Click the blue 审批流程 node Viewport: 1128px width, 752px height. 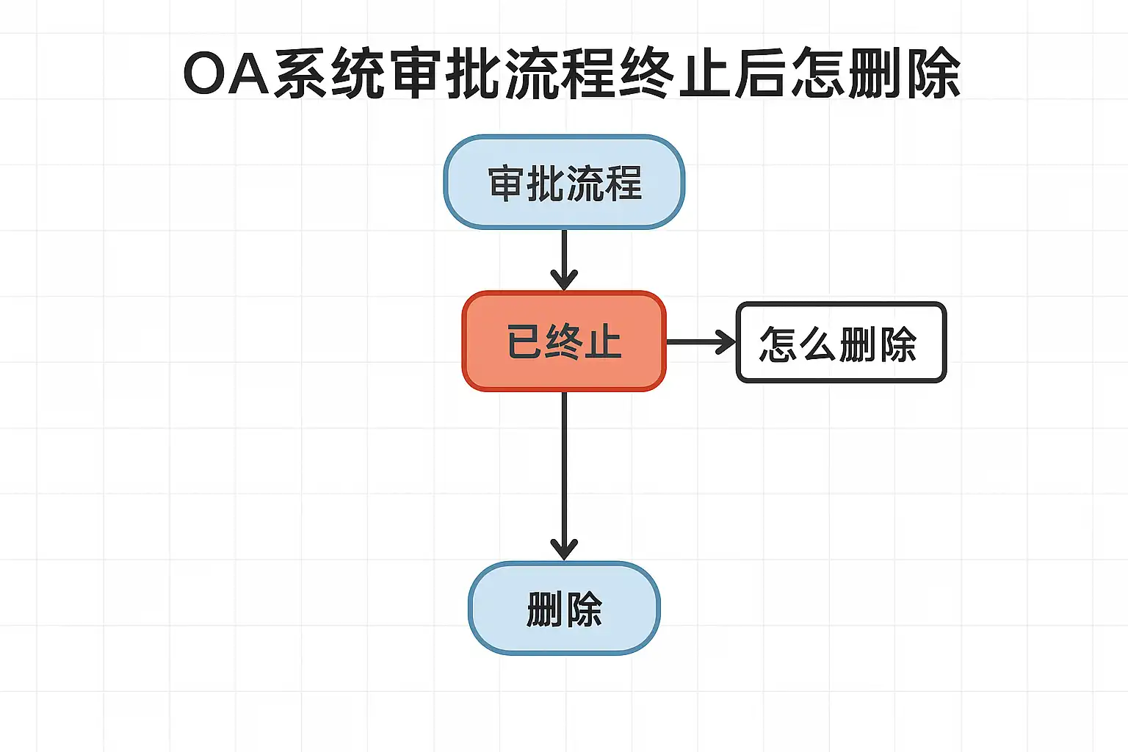564,182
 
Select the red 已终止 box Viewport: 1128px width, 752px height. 564,341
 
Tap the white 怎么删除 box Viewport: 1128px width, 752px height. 841,342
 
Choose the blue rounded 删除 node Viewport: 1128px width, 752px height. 564,608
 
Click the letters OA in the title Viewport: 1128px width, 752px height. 226,73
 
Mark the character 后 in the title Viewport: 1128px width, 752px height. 761,73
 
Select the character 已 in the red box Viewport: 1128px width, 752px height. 524,342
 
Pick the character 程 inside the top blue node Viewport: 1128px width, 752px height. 623,184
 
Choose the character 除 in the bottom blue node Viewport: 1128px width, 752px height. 585,610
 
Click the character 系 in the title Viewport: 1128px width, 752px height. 301,73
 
